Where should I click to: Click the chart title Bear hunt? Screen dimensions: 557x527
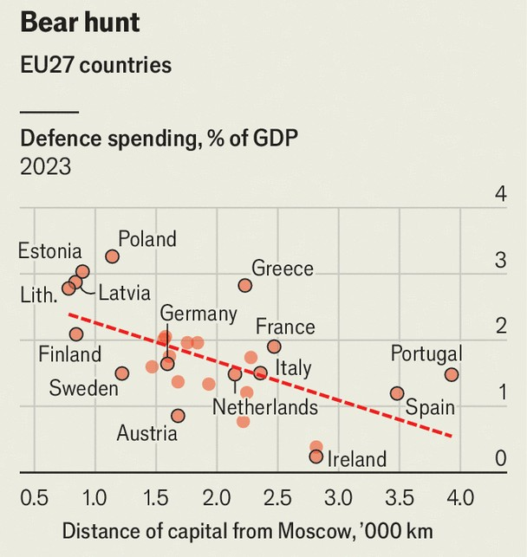80,23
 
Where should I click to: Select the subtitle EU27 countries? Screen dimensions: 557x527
95,65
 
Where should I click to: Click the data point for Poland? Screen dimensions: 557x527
112,256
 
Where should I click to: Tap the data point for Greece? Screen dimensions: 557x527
244,285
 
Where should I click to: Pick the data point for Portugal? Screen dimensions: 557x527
451,374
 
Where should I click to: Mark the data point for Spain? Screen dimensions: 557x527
397,393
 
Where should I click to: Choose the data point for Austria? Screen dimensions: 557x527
178,416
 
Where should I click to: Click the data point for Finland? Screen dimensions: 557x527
76,334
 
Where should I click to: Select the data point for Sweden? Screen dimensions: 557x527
121,373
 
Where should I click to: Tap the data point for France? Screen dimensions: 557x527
274,347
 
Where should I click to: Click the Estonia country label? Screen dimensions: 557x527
49,251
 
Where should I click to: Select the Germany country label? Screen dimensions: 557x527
198,314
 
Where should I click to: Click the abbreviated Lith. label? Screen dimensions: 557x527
38,295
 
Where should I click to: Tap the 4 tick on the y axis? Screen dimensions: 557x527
499,194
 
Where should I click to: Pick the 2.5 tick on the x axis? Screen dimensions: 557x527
278,499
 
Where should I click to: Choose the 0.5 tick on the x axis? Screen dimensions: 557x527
35,499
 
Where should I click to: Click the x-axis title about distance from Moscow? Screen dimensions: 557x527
246,530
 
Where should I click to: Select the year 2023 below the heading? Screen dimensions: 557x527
45,166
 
